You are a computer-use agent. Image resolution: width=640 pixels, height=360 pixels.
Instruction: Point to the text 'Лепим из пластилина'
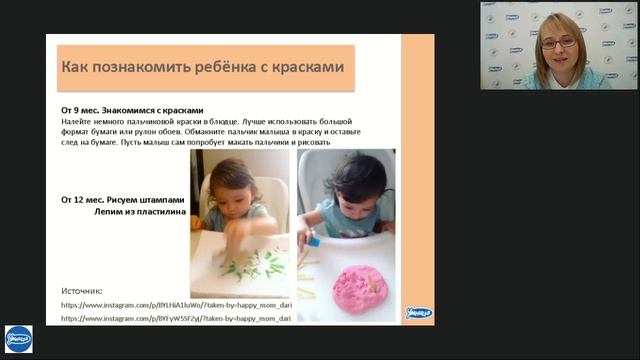133,212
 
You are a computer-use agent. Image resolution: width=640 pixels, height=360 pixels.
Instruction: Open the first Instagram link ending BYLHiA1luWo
176,303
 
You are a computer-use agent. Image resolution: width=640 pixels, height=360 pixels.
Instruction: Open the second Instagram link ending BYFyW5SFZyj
176,318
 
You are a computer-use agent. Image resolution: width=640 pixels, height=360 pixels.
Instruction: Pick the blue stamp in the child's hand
313,241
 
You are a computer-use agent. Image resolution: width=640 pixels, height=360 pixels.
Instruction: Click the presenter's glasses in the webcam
558,43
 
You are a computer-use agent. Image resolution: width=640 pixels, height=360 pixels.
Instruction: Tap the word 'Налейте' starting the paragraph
78,120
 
